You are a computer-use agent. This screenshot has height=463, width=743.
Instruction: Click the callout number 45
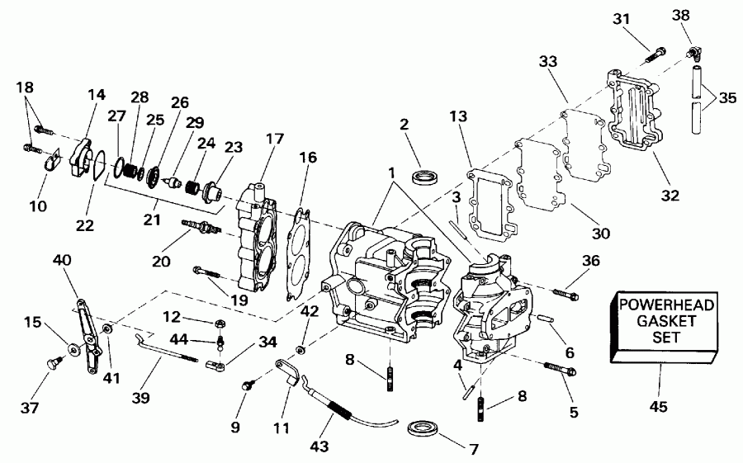pos(659,406)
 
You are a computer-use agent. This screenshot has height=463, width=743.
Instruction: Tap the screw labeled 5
pos(557,367)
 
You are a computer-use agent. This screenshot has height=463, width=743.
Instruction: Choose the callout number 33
pos(548,61)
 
